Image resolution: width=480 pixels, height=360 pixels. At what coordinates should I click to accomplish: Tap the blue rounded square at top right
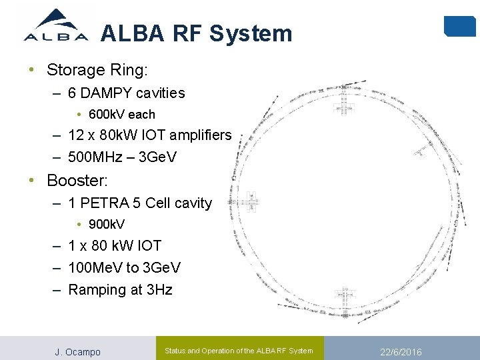(459, 25)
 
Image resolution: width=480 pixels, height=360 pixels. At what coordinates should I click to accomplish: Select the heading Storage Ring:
(97, 70)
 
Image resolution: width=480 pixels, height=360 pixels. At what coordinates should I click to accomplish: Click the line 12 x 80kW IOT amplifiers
(149, 135)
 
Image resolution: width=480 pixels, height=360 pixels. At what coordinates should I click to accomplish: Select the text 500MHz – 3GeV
(124, 157)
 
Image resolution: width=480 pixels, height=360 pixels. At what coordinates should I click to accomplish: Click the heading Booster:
(77, 181)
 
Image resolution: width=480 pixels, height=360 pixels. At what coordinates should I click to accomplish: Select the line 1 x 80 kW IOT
(114, 246)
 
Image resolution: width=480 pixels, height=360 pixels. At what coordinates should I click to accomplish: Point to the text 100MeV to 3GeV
(124, 267)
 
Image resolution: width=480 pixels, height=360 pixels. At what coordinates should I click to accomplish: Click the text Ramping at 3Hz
(120, 289)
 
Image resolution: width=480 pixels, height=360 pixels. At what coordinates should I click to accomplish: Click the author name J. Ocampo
(77, 351)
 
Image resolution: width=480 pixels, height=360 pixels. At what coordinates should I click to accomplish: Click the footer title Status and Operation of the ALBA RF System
(239, 351)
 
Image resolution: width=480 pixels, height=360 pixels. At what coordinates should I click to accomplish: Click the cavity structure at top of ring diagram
(345, 101)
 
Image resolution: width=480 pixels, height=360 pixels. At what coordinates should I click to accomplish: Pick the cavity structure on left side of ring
(252, 201)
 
